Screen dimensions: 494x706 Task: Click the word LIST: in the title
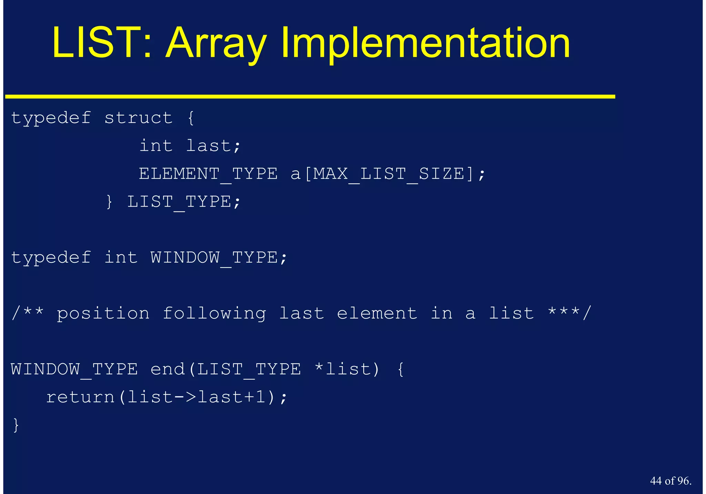click(102, 43)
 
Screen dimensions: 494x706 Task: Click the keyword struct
click(138, 118)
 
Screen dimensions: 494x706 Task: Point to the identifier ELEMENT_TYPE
click(208, 174)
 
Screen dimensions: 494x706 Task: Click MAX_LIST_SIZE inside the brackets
click(389, 174)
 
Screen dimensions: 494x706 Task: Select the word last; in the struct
click(213, 146)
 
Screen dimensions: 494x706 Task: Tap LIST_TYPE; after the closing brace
click(184, 202)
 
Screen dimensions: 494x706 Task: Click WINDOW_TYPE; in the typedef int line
click(219, 258)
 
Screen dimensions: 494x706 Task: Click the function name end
click(168, 370)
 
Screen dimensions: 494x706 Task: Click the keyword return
click(81, 397)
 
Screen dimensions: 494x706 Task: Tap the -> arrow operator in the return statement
click(185, 397)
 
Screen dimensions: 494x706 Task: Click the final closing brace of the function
click(16, 425)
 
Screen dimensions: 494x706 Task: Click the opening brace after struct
click(191, 118)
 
